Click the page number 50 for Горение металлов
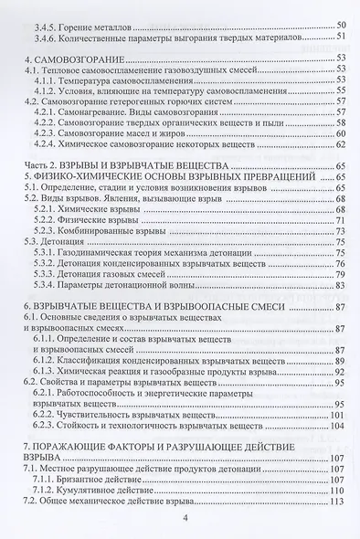pos(341,23)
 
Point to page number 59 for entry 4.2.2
pos(341,123)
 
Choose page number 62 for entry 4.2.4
pos(341,144)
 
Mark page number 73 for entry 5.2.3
pos(341,232)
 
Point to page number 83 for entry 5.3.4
pos(341,286)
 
